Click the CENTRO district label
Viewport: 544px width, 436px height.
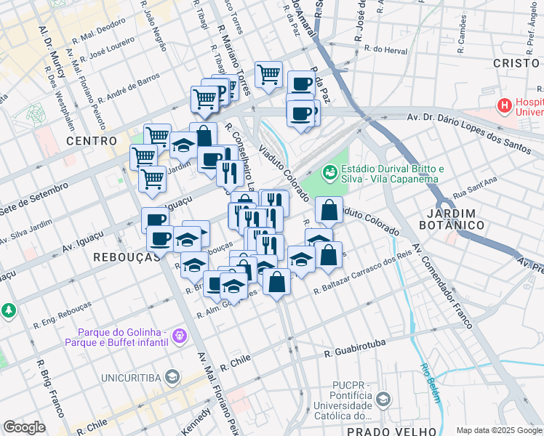click(x=91, y=140)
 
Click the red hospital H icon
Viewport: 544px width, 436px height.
click(x=504, y=106)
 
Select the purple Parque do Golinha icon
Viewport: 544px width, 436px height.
click(x=180, y=335)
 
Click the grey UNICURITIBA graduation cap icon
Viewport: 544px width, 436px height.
click(x=172, y=376)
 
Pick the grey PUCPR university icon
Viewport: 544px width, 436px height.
click(x=383, y=399)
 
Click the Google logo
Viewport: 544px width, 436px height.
click(x=25, y=427)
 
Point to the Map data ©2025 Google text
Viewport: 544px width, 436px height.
click(x=499, y=430)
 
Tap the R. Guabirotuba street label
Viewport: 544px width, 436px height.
click(x=353, y=347)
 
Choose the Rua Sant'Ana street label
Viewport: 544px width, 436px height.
click(x=473, y=187)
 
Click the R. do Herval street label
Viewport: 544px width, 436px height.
click(x=385, y=49)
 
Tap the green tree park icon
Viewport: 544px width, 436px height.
click(x=9, y=310)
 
